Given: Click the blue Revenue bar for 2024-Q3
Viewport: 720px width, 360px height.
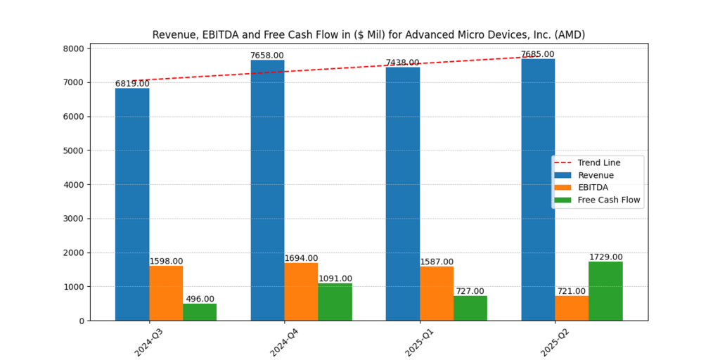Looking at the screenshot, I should click(132, 204).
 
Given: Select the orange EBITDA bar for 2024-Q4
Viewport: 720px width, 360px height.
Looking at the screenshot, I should click(301, 291).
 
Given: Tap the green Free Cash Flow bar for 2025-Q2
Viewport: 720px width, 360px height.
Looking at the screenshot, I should click(605, 291).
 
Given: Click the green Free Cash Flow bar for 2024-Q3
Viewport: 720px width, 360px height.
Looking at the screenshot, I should click(200, 312).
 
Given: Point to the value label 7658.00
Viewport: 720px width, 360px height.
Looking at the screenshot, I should click(267, 56).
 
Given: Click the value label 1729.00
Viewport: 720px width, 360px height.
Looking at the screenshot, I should click(605, 257).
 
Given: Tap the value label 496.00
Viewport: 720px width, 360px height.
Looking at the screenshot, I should click(200, 299).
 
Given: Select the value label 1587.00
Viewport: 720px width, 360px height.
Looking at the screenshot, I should click(436, 262).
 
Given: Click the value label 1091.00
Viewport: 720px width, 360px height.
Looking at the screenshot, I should click(335, 278).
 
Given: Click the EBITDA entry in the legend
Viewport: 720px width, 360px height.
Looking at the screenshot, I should click(593, 188).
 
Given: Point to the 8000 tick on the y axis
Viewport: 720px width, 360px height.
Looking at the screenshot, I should click(75, 49).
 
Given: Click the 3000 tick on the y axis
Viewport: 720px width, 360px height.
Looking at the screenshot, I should click(75, 219).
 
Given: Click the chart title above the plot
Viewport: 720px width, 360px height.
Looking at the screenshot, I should click(368, 34).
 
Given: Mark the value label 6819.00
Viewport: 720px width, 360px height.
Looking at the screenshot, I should click(132, 84).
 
